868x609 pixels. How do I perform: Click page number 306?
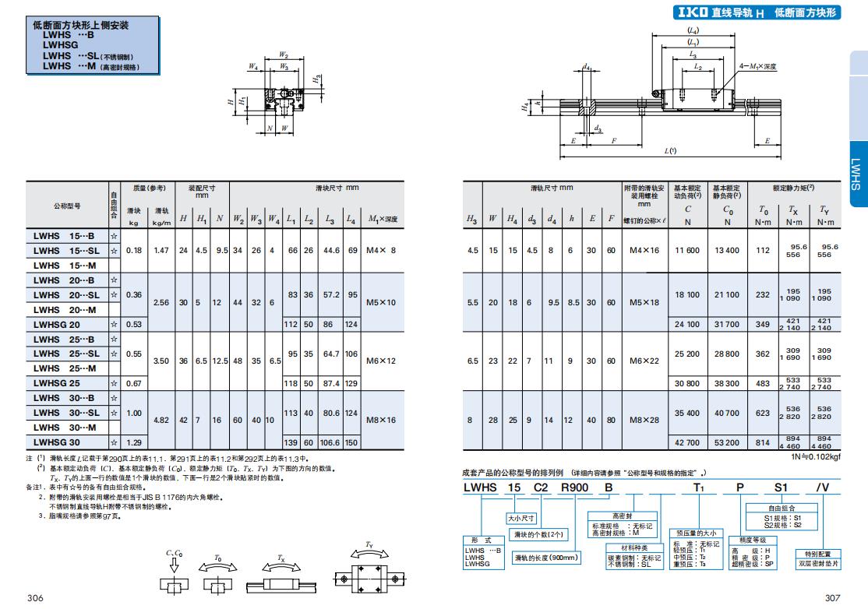coord(34,598)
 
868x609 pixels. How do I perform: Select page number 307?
coord(832,598)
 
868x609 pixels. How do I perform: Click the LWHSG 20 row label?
coord(57,324)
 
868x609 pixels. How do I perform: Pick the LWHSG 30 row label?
coord(57,442)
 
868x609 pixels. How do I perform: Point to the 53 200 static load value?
coord(727,442)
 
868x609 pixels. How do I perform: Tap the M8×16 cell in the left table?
coord(382,420)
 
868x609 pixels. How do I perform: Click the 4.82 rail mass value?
coord(161,420)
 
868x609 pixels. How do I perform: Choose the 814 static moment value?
coord(763,442)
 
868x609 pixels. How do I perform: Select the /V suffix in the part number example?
coord(822,487)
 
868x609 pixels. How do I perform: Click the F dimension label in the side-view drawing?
coord(615,141)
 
